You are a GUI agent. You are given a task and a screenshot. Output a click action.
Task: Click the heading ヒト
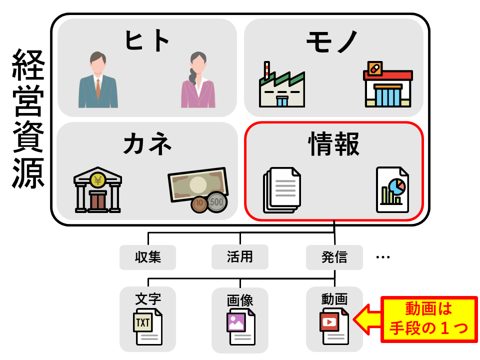147,41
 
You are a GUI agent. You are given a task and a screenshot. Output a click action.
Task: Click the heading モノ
333,41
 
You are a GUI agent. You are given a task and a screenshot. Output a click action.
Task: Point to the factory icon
281,85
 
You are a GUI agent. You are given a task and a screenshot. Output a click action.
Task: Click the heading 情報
333,145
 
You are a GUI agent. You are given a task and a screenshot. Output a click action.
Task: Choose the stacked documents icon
282,190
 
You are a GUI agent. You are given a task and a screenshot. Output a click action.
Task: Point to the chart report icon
392,189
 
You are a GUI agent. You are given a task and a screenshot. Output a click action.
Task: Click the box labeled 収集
147,257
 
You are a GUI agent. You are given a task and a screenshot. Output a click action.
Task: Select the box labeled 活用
240,257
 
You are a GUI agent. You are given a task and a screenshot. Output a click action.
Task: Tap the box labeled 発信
334,257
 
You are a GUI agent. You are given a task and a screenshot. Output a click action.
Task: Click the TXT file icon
147,326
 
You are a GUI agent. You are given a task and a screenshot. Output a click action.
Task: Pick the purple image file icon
240,326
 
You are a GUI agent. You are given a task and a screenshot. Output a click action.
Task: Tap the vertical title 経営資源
28,118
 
